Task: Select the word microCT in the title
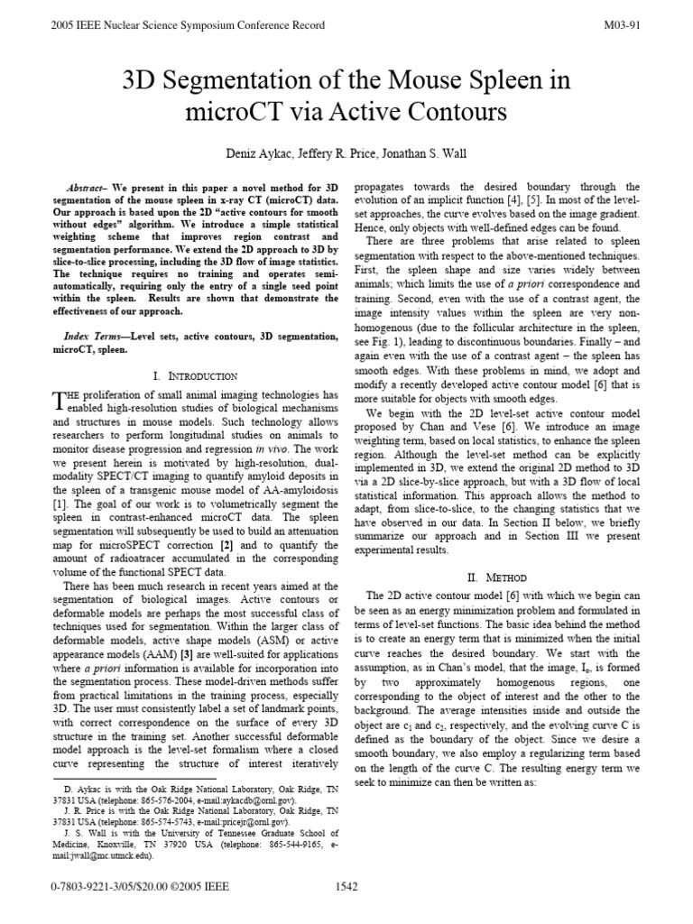click(x=234, y=113)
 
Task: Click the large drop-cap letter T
click(x=60, y=401)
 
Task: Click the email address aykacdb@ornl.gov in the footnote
click(x=253, y=800)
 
